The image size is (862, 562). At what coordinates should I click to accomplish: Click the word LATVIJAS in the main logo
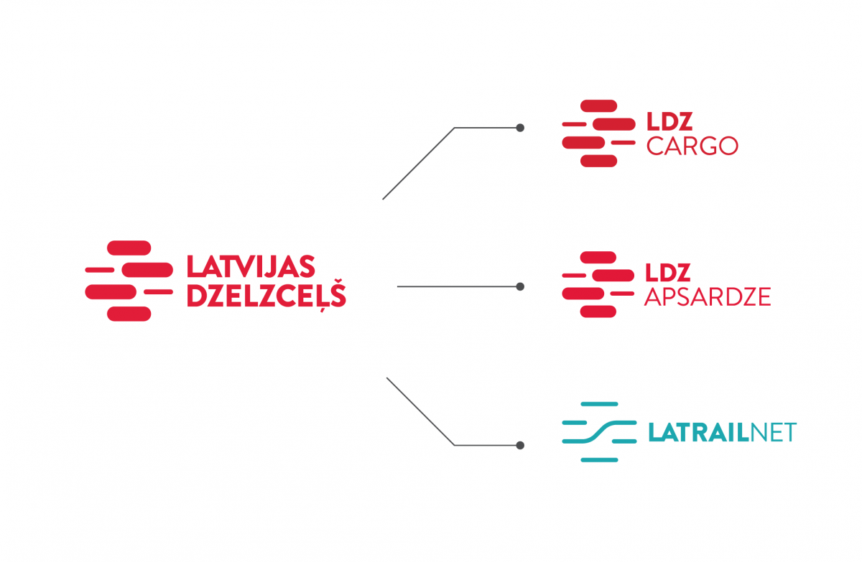pyautogui.click(x=251, y=266)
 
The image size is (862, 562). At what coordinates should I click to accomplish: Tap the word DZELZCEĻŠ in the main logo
pyautogui.click(x=266, y=296)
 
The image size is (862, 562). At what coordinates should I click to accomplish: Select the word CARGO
pyautogui.click(x=692, y=146)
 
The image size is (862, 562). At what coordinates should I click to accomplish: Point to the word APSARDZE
pyautogui.click(x=708, y=296)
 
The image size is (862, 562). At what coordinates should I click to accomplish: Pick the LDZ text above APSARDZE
pyautogui.click(x=668, y=273)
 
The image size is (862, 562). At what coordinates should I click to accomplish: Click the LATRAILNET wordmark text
pyautogui.click(x=721, y=433)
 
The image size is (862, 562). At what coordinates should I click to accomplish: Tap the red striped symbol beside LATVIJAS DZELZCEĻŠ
pyautogui.click(x=129, y=281)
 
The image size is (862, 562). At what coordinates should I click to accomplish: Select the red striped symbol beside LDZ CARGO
pyautogui.click(x=598, y=134)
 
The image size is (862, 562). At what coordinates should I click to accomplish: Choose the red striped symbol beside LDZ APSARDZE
pyautogui.click(x=598, y=284)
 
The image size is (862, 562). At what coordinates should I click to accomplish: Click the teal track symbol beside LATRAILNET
pyautogui.click(x=598, y=431)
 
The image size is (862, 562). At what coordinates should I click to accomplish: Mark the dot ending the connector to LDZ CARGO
pyautogui.click(x=520, y=128)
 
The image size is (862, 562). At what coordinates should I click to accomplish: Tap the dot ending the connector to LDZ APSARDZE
pyautogui.click(x=520, y=286)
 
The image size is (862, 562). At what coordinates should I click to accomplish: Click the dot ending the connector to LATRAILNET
pyautogui.click(x=520, y=445)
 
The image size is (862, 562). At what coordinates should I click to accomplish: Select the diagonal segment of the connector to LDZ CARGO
pyautogui.click(x=418, y=164)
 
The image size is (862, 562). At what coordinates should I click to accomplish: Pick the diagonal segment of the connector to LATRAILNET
pyautogui.click(x=420, y=411)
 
